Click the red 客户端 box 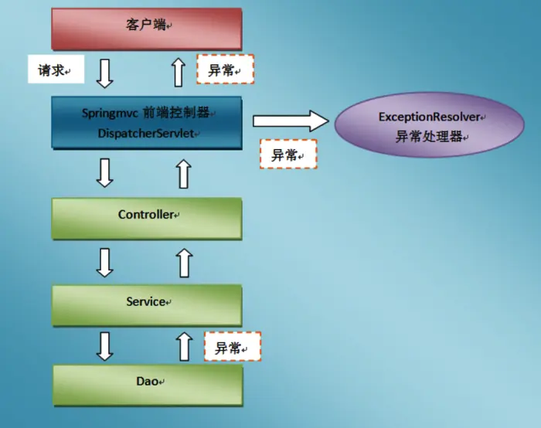click(x=147, y=28)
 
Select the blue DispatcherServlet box click(x=147, y=123)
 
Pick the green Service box click(x=147, y=302)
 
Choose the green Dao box click(x=147, y=382)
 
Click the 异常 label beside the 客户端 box click(x=225, y=70)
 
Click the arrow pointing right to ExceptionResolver click(x=291, y=121)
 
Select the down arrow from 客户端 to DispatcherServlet click(x=104, y=72)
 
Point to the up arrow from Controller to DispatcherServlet click(x=183, y=173)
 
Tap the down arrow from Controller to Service click(x=104, y=262)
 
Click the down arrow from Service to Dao click(x=104, y=345)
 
